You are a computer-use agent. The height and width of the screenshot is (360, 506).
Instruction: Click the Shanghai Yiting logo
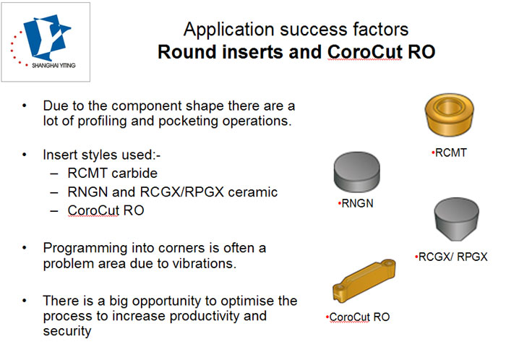tap(46, 42)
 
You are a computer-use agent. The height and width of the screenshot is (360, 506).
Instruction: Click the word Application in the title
tap(229, 30)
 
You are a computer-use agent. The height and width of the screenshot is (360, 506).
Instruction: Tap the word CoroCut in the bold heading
tap(364, 52)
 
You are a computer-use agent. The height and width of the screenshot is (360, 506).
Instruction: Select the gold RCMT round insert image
tap(450, 114)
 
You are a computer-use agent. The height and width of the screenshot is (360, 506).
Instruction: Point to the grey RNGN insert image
tap(356, 172)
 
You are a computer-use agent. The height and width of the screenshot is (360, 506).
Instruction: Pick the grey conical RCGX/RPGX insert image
tap(457, 219)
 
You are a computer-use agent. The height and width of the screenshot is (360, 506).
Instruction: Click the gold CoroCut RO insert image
tap(364, 280)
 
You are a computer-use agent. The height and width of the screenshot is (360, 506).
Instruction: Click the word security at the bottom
tap(67, 331)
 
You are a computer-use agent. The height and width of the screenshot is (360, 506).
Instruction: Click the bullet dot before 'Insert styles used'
tap(24, 155)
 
